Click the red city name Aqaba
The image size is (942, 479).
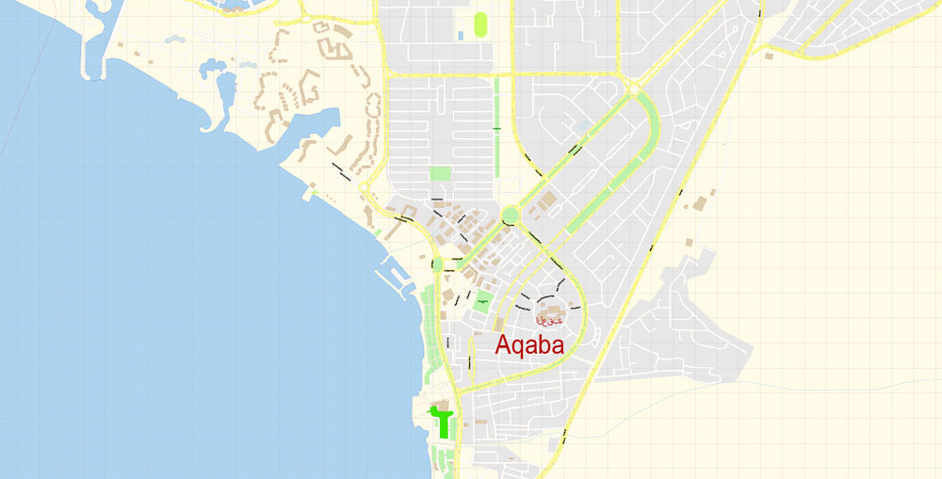(529, 345)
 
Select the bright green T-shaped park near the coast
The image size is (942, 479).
(441, 418)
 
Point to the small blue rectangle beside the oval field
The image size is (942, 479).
(461, 36)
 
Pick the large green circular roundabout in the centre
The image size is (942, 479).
(511, 216)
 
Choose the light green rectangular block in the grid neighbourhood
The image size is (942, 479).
(440, 173)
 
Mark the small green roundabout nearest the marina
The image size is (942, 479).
(437, 264)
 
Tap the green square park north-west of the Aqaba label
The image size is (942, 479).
(482, 303)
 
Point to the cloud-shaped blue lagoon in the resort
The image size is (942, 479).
(211, 68)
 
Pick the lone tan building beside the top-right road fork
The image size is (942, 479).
(770, 56)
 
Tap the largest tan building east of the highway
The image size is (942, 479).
(699, 202)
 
